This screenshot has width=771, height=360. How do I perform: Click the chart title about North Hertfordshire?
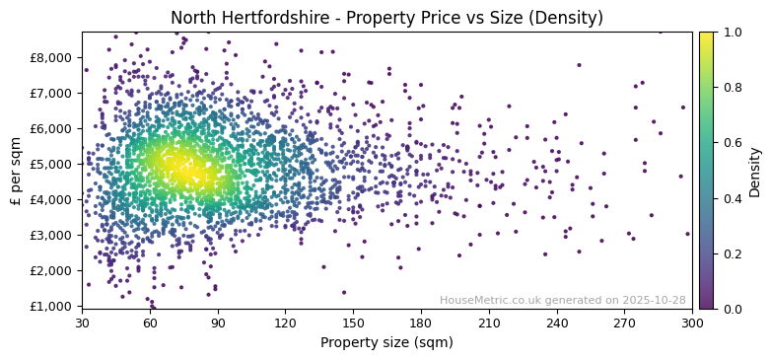tap(386, 18)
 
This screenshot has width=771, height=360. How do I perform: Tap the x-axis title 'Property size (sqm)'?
tap(386, 343)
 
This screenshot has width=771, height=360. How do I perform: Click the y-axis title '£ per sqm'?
tap(16, 171)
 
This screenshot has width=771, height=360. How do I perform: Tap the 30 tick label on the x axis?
tap(82, 323)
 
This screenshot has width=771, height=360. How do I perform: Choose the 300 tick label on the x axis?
tap(692, 323)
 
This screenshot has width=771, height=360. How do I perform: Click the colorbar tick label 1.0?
tap(731, 33)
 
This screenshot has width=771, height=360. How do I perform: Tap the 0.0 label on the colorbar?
tap(731, 309)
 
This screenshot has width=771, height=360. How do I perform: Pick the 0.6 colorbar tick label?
tap(731, 143)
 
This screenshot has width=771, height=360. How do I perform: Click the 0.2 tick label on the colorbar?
tap(731, 253)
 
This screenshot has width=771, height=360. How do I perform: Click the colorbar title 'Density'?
tap(754, 171)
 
